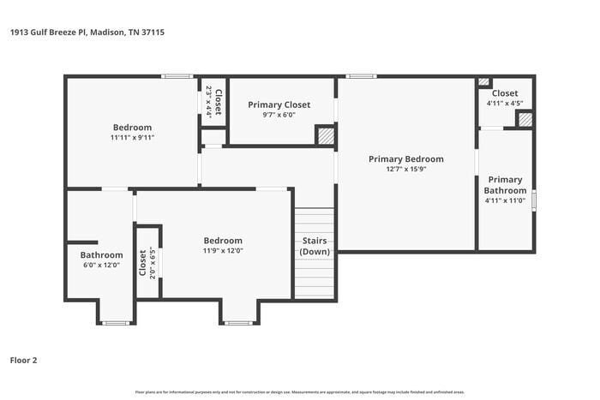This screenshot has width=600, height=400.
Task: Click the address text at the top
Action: pyautogui.click(x=87, y=32)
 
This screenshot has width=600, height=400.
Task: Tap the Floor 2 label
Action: pyautogui.click(x=23, y=360)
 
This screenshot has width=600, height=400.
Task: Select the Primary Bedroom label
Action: pyautogui.click(x=405, y=158)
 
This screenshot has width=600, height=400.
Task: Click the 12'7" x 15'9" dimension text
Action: pyautogui.click(x=405, y=169)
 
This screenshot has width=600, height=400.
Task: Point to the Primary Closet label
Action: pyautogui.click(x=279, y=104)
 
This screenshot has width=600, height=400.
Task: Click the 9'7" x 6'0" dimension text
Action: pyautogui.click(x=279, y=115)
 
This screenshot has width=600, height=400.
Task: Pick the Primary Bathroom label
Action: pyautogui.click(x=505, y=185)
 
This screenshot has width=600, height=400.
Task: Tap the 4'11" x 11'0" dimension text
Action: pyautogui.click(x=505, y=200)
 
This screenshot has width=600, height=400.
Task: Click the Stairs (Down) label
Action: pyautogui.click(x=315, y=246)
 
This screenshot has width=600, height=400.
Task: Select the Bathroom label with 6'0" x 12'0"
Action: pyautogui.click(x=101, y=254)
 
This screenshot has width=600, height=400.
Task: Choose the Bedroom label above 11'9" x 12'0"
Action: pyautogui.click(x=222, y=241)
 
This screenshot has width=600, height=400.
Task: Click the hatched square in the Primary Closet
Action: pyautogui.click(x=325, y=135)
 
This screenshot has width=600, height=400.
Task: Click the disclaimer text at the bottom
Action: pyautogui.click(x=299, y=391)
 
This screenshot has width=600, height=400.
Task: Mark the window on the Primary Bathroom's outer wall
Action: pyautogui.click(x=534, y=200)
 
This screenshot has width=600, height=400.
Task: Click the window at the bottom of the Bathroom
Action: pyautogui.click(x=115, y=323)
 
